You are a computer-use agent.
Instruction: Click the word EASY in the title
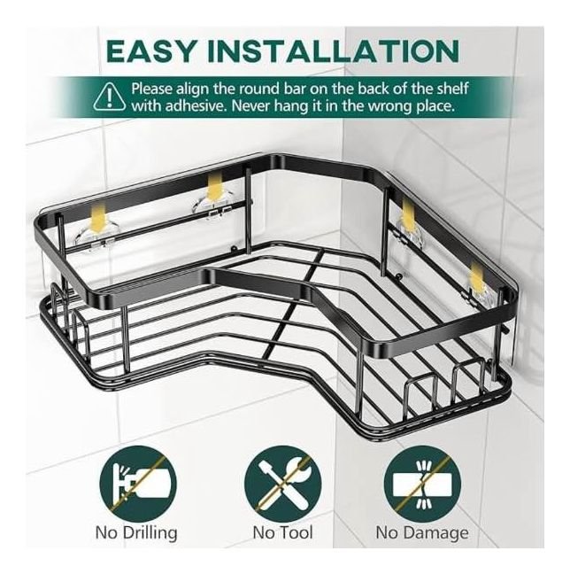click(150, 50)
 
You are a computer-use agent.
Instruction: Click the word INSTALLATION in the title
click(333, 50)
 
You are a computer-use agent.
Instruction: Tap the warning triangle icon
click(110, 97)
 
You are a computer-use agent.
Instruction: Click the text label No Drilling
click(136, 532)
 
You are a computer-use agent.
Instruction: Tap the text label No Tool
click(283, 532)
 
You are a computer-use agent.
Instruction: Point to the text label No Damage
click(422, 533)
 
